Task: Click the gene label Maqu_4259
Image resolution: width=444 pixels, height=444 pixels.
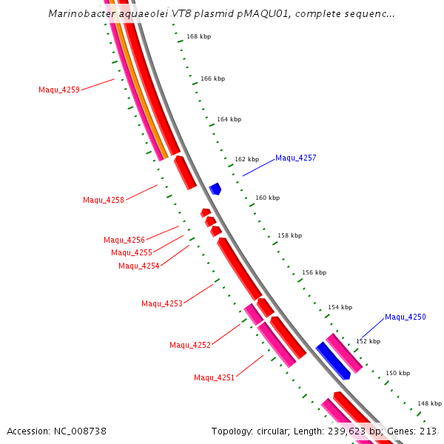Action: [x=59, y=90]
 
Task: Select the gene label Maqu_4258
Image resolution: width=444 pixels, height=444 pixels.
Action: [x=104, y=200]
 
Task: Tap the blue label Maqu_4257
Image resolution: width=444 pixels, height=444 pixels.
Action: [x=296, y=158]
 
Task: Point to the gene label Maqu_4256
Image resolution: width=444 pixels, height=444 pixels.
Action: [x=124, y=240]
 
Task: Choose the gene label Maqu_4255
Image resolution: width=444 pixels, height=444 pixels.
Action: [x=132, y=252]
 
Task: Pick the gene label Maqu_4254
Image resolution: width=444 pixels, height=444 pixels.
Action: [x=139, y=266]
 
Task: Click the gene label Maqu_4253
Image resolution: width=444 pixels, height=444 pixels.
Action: [x=162, y=303]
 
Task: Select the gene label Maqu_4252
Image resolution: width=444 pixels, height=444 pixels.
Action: [x=190, y=345]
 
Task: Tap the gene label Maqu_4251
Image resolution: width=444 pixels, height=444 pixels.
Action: [x=215, y=377]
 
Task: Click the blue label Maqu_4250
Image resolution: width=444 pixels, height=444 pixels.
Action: [x=406, y=317]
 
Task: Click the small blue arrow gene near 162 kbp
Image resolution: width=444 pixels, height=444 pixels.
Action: [x=215, y=189]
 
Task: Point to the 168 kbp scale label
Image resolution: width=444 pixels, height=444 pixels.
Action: [x=198, y=36]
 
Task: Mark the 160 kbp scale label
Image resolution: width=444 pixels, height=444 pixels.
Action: [x=268, y=198]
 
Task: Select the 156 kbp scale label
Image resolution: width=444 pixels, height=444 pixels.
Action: [x=314, y=272]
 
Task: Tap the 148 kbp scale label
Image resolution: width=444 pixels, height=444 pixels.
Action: [x=429, y=403]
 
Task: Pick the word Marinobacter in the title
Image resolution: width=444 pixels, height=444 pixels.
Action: [x=80, y=13]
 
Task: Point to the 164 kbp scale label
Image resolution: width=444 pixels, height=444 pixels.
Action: [x=229, y=119]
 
